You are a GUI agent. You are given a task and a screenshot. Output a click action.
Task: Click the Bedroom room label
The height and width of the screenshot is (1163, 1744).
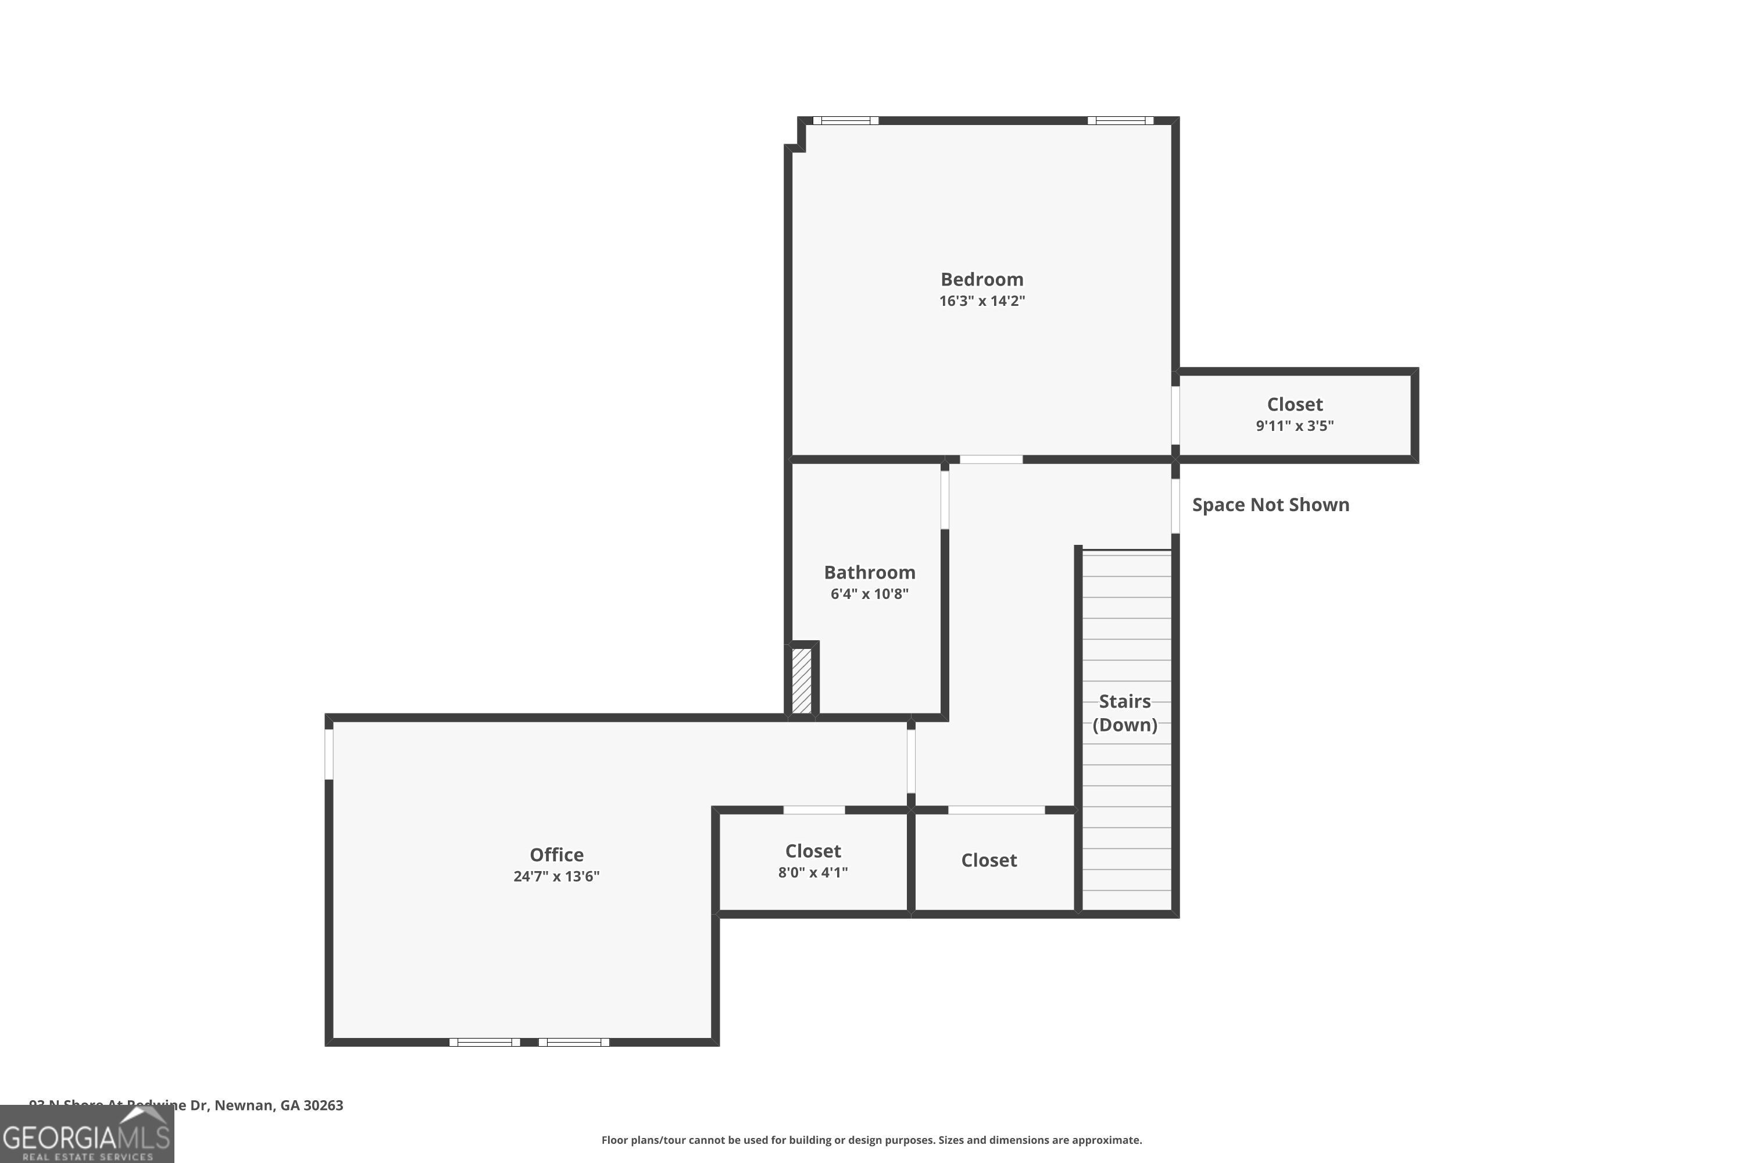pyautogui.click(x=982, y=280)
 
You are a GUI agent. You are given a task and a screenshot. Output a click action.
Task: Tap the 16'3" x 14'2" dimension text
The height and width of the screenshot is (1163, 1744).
pyautogui.click(x=982, y=301)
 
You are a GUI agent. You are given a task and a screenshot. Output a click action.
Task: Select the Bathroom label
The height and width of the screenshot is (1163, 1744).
pyautogui.click(x=869, y=573)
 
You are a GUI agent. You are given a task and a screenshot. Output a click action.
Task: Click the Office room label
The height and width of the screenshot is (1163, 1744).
pyautogui.click(x=556, y=854)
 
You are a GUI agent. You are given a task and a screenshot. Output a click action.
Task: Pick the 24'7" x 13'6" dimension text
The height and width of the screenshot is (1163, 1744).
pyautogui.click(x=556, y=876)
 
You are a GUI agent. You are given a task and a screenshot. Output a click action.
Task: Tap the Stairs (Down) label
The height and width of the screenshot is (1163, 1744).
pyautogui.click(x=1125, y=713)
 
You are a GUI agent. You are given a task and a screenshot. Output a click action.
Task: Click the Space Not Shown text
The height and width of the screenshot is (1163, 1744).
pyautogui.click(x=1270, y=505)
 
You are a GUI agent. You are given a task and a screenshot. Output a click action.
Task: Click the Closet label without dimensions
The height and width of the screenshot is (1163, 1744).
pyautogui.click(x=988, y=861)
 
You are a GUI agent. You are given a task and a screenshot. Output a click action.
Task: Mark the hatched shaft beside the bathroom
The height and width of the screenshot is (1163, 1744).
pyautogui.click(x=802, y=681)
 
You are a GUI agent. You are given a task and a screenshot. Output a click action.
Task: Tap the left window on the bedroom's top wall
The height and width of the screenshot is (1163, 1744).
pyautogui.click(x=845, y=121)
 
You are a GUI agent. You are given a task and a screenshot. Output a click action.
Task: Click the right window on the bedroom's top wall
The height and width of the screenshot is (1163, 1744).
pyautogui.click(x=1120, y=121)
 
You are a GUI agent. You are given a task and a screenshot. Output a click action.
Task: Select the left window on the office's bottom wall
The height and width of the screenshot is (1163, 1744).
pyautogui.click(x=484, y=1042)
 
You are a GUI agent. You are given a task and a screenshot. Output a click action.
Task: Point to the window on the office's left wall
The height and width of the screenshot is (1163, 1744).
pyautogui.click(x=329, y=754)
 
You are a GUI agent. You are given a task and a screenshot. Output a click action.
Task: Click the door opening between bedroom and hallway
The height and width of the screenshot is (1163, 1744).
pyautogui.click(x=991, y=460)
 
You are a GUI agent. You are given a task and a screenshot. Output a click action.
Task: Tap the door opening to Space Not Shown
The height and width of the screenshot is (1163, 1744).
pyautogui.click(x=1175, y=506)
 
